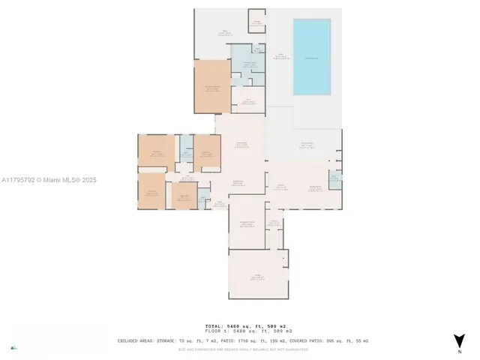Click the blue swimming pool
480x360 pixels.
[310, 57]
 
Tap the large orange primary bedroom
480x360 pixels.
[212, 87]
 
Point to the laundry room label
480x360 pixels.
[274, 222]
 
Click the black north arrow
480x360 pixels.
[459, 340]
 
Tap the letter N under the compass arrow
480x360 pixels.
[459, 352]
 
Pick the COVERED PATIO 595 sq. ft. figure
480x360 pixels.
[327, 340]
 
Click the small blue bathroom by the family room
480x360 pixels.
[334, 178]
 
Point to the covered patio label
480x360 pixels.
[306, 144]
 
